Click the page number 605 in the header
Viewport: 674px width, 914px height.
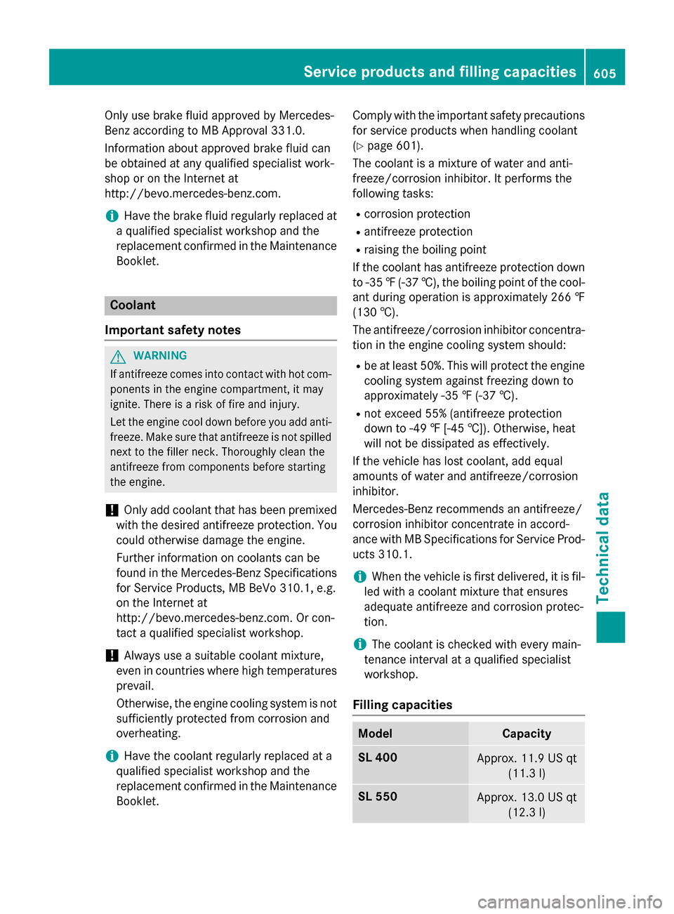coord(604,72)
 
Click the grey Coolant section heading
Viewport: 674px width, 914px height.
coord(133,305)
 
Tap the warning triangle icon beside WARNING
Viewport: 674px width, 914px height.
coord(118,357)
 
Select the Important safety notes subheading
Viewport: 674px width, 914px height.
coord(173,330)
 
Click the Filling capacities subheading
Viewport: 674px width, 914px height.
coord(402,705)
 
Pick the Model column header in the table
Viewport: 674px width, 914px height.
coord(376,734)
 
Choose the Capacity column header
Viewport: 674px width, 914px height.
coord(527,734)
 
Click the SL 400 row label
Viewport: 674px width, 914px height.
coord(378,757)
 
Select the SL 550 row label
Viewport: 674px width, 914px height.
coord(378,797)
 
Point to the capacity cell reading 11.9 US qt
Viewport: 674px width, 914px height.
coord(527,765)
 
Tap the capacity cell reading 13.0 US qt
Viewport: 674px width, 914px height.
coord(527,804)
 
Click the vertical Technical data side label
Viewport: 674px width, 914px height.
coord(603,548)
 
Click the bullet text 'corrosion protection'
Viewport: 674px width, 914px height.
coord(417,214)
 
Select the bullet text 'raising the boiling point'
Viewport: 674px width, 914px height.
coord(425,250)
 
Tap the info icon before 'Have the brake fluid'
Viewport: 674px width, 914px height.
coord(111,216)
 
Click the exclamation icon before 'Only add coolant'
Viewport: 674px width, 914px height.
coord(111,510)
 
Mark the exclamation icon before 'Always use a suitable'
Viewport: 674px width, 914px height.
coord(111,656)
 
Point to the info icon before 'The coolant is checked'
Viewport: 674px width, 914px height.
coord(359,644)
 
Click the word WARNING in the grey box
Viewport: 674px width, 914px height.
coord(160,356)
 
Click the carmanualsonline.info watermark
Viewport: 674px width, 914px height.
coord(569,901)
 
